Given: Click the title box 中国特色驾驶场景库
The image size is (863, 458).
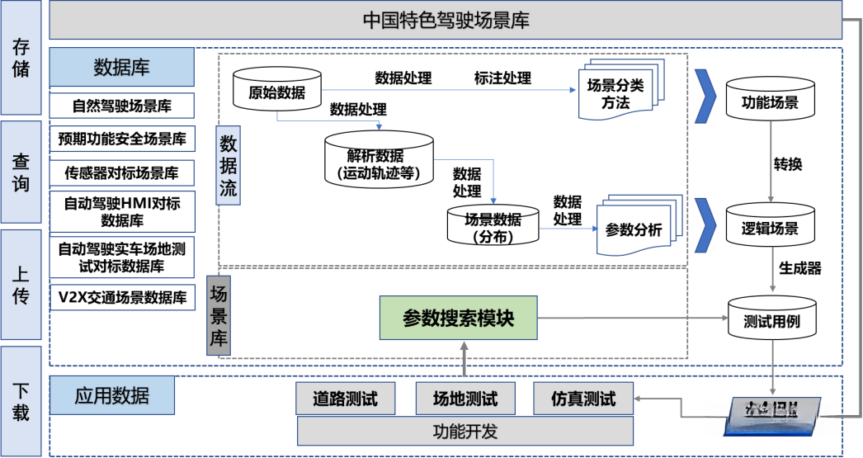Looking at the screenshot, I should pos(446,21).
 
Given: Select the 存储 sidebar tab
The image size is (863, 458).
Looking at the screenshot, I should pos(21,58).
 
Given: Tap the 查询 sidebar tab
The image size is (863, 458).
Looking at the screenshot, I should pos(21,172).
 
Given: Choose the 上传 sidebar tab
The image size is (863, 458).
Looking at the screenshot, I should pos(21,285).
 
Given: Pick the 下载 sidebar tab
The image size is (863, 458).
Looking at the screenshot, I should pos(21,400).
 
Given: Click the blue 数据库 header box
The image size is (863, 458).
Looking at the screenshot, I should pos(121,67).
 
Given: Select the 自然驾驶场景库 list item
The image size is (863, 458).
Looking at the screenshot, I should pos(121,106).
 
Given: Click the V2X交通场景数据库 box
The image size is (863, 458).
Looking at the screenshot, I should pos(121,297).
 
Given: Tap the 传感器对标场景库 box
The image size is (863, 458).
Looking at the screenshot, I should pos(121,172).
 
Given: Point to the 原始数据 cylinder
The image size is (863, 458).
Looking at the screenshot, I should pos(277,88).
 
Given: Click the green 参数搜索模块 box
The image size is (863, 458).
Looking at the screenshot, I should pos(458,318).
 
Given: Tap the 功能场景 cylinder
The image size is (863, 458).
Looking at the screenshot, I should pos(771,102).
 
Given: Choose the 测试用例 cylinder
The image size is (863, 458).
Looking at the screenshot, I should pos(771,320).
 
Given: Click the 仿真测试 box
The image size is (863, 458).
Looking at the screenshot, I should pos(584,399).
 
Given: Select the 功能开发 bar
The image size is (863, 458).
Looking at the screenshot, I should pos(465,431).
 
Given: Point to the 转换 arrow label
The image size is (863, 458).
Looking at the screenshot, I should pos(788,164).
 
